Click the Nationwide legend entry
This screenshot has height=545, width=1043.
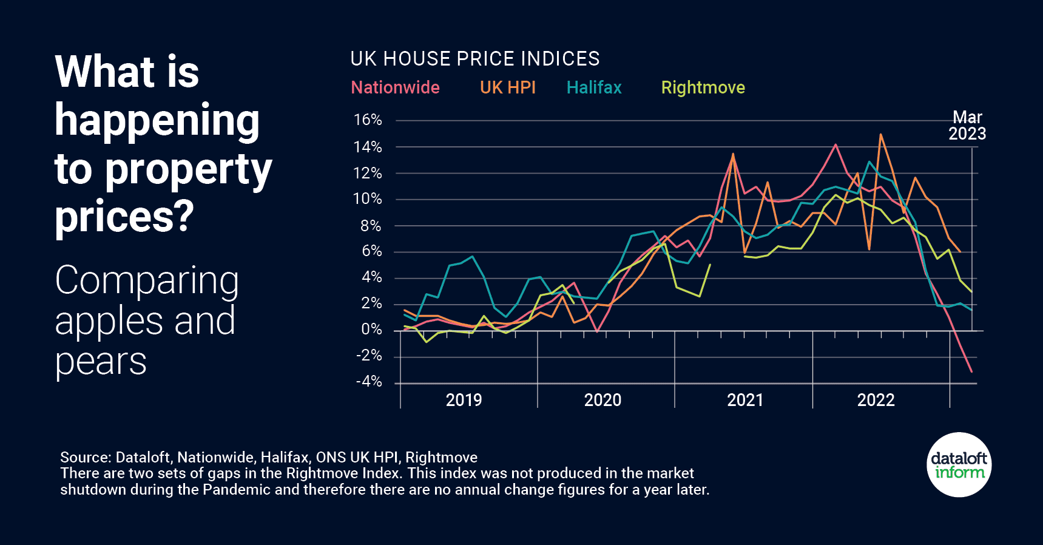pos(395,87)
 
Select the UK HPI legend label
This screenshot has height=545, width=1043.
pos(507,87)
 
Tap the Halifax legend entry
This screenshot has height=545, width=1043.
pos(594,87)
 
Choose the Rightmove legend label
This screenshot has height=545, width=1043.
pos(703,87)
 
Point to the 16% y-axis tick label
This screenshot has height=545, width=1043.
pos(368,120)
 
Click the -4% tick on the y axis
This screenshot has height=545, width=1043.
pos(368,382)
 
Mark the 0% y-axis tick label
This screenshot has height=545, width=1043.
pos(371,330)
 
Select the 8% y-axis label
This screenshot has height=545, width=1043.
pos(371,226)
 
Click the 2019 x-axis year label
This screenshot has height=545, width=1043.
pos(464,400)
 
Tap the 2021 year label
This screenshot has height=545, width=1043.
pos(744,400)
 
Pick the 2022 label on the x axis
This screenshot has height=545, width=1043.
pos(876,400)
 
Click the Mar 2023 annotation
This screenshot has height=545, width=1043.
pos(967,126)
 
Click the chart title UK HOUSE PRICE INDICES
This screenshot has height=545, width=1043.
pos(474,59)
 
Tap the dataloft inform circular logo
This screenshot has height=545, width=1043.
pos(959,465)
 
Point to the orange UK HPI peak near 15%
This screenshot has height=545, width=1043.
pos(880,135)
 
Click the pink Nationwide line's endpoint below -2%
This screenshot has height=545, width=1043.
pos(971,371)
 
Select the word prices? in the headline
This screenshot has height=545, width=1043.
pos(124,216)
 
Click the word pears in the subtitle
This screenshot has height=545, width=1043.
pos(101,362)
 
